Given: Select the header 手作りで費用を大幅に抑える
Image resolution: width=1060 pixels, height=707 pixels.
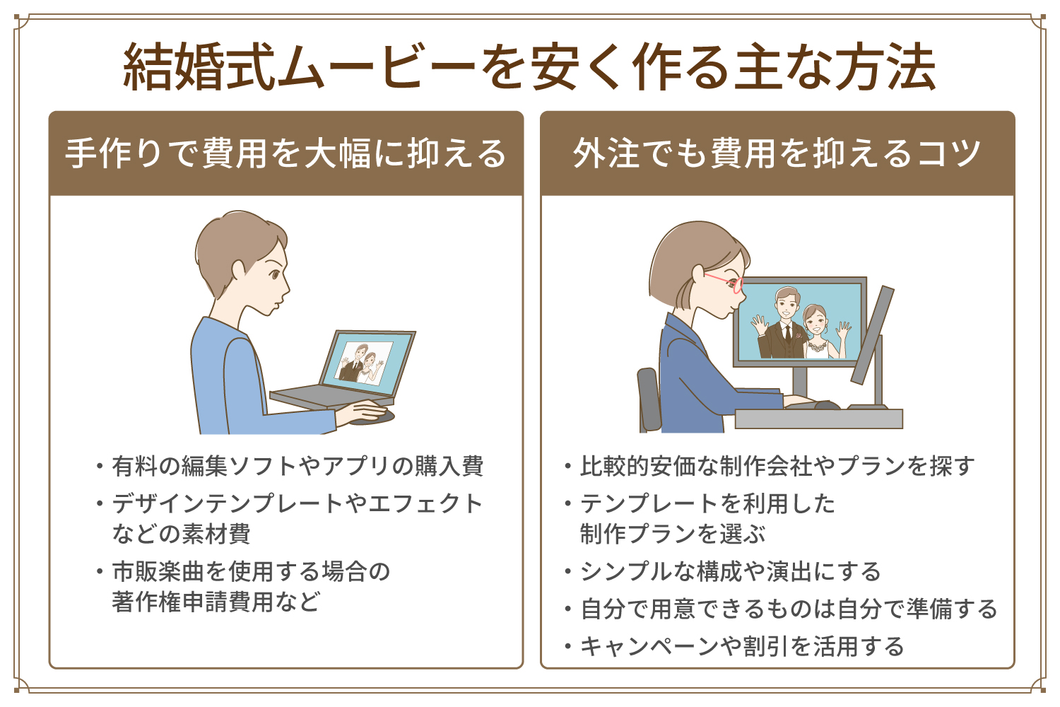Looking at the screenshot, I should (x=286, y=153).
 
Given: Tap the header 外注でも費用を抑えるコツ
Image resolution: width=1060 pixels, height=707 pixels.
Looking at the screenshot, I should (x=777, y=153).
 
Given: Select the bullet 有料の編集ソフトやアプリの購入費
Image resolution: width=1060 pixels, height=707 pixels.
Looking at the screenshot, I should (x=297, y=466).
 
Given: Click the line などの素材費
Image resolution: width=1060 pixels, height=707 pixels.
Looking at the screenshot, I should (x=181, y=533).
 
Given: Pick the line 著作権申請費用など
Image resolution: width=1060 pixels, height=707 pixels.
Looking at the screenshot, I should (x=216, y=602).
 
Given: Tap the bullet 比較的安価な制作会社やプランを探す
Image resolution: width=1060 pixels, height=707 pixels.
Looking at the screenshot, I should (x=777, y=466).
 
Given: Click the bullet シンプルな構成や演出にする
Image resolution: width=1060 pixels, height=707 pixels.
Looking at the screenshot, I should (x=730, y=571).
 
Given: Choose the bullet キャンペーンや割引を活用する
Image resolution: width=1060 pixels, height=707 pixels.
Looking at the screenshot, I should (x=742, y=646).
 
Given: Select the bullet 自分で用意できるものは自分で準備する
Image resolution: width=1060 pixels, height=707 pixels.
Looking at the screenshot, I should (x=788, y=609).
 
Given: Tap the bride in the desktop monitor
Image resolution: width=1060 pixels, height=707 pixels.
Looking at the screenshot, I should (x=816, y=332).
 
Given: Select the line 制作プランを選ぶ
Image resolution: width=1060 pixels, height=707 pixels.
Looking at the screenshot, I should (x=673, y=533).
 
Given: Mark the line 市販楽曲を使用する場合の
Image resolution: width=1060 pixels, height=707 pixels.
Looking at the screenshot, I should (x=251, y=571).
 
